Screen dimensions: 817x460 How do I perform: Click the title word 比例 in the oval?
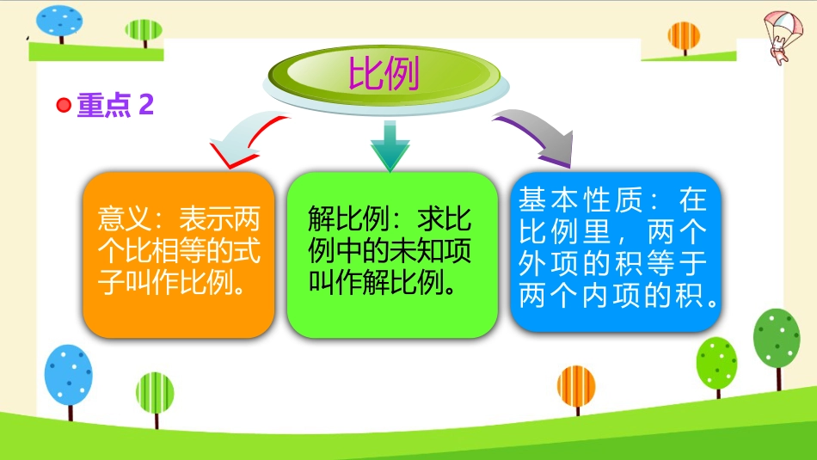click(x=384, y=73)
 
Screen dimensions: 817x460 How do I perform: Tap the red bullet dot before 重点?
click(x=64, y=105)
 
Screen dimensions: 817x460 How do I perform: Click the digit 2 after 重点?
click(x=146, y=104)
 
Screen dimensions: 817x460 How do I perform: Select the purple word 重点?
click(x=104, y=105)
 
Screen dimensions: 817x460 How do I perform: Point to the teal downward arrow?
click(x=390, y=146)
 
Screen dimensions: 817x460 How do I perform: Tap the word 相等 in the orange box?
click(x=178, y=250)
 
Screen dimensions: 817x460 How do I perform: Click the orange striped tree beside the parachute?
click(x=684, y=38)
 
